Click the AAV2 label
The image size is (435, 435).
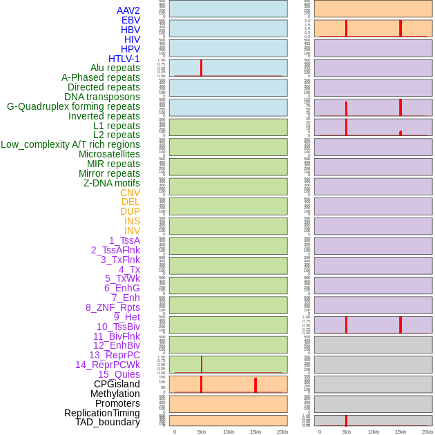tap(128, 10)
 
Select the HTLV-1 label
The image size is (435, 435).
tap(124, 59)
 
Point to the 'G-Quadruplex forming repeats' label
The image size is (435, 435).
tap(73, 107)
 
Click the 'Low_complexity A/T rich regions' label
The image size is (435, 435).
tap(70, 144)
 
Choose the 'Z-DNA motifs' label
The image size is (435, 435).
tap(111, 183)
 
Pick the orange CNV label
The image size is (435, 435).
tap(130, 193)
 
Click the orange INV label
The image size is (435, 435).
tap(132, 231)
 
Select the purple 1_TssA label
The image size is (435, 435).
tap(124, 240)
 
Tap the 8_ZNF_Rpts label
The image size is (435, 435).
tap(113, 307)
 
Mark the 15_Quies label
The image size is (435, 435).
tap(119, 374)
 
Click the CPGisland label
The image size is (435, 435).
tap(117, 384)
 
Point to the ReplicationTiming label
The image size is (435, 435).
tap(102, 413)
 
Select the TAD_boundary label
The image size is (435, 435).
tap(107, 422)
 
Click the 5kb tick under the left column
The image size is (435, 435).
tap(202, 432)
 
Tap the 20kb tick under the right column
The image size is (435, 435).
tap(427, 432)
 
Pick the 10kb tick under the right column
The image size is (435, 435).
tap(374, 432)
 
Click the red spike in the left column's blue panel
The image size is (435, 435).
tap(201, 68)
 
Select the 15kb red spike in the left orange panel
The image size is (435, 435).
tap(255, 385)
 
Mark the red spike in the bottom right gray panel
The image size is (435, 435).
tap(346, 420)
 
